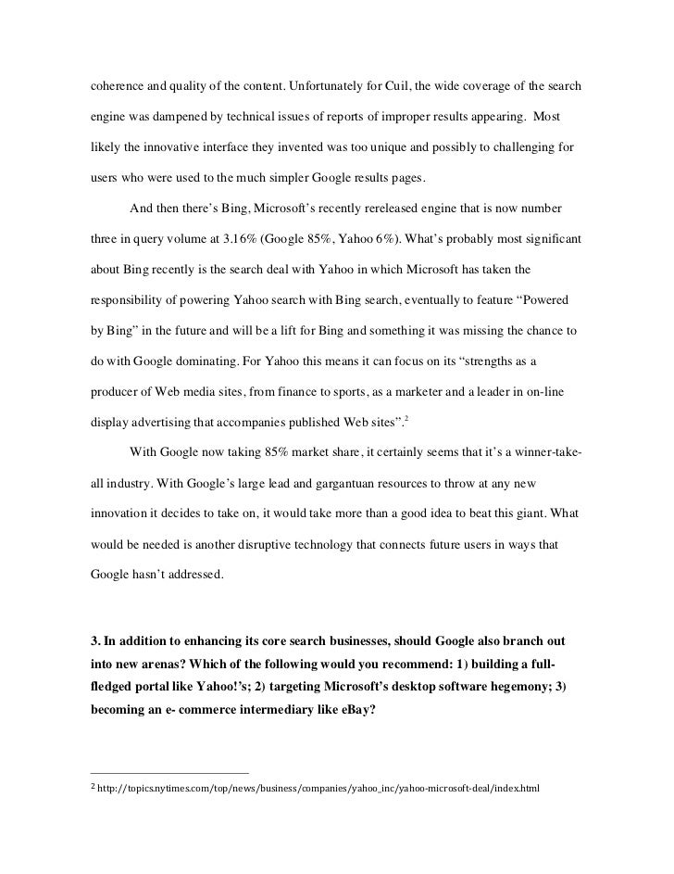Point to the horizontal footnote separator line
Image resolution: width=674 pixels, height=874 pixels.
169,772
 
